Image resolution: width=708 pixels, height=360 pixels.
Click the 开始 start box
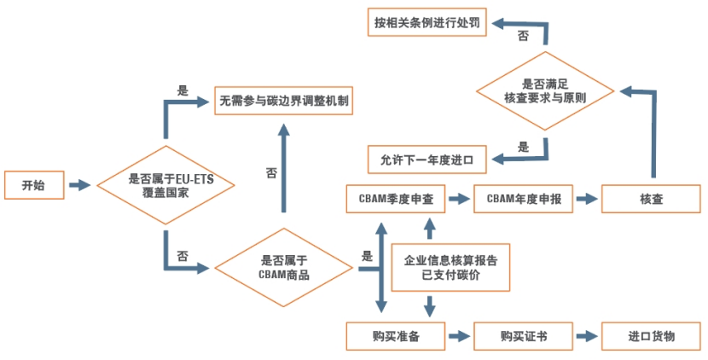[33, 185]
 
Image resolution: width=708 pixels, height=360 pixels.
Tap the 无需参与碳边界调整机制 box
[284, 100]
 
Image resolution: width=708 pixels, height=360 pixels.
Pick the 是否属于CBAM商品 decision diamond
[283, 268]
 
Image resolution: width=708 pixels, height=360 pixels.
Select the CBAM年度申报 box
[524, 199]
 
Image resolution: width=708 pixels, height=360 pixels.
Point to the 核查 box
[651, 199]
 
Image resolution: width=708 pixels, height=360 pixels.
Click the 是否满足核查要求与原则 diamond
[544, 91]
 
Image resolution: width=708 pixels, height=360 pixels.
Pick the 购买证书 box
[524, 336]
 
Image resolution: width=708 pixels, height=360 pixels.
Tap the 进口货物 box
[651, 336]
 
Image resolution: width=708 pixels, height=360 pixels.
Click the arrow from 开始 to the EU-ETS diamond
[78, 185]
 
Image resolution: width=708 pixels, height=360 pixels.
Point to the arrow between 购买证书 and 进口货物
[587, 336]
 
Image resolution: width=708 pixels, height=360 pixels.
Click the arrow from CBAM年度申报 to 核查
[587, 199]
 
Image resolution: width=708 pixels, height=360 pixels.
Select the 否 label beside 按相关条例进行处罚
[523, 37]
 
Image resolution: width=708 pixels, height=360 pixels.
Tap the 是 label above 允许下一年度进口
[523, 146]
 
